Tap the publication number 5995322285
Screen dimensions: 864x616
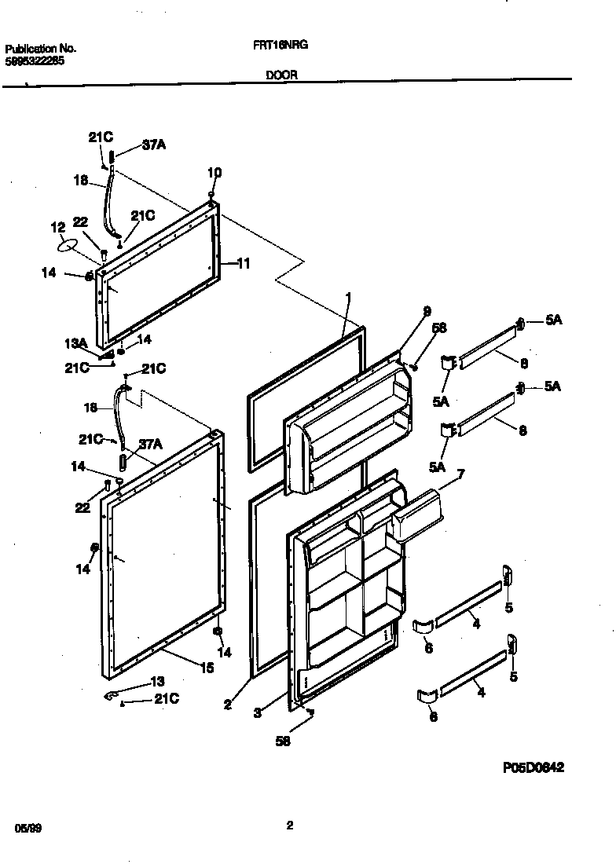(35, 59)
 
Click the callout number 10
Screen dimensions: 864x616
(214, 172)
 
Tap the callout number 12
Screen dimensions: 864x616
(58, 228)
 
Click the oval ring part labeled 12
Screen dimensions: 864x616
(68, 245)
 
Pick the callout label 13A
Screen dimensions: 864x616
(75, 343)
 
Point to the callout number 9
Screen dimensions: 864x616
(427, 311)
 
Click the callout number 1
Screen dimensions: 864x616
(348, 296)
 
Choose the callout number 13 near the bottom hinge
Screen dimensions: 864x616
(157, 681)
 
